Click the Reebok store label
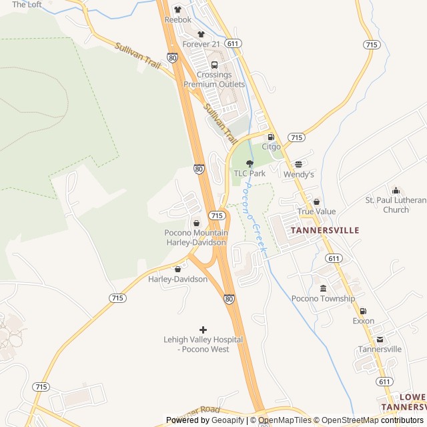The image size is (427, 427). (x=177, y=19)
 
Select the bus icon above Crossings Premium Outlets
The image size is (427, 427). (x=214, y=65)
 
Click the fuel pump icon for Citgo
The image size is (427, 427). (x=271, y=137)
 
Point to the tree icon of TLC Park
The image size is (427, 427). (x=250, y=163)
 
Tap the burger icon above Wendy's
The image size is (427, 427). (x=298, y=164)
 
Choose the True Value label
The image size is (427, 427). (x=316, y=211)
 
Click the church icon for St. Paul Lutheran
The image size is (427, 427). (x=396, y=191)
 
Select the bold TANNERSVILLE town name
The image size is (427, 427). (x=325, y=230)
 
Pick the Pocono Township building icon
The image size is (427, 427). (x=324, y=288)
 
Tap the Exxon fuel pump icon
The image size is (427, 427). (x=364, y=311)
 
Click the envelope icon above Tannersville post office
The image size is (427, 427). (x=380, y=339)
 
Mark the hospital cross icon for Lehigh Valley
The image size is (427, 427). (x=203, y=330)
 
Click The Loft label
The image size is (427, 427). (x=27, y=5)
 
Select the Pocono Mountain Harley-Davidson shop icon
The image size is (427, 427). (x=196, y=223)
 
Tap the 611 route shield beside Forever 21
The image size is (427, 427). (x=232, y=43)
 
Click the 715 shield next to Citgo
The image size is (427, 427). (x=296, y=137)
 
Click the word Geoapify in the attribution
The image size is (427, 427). (x=228, y=420)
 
